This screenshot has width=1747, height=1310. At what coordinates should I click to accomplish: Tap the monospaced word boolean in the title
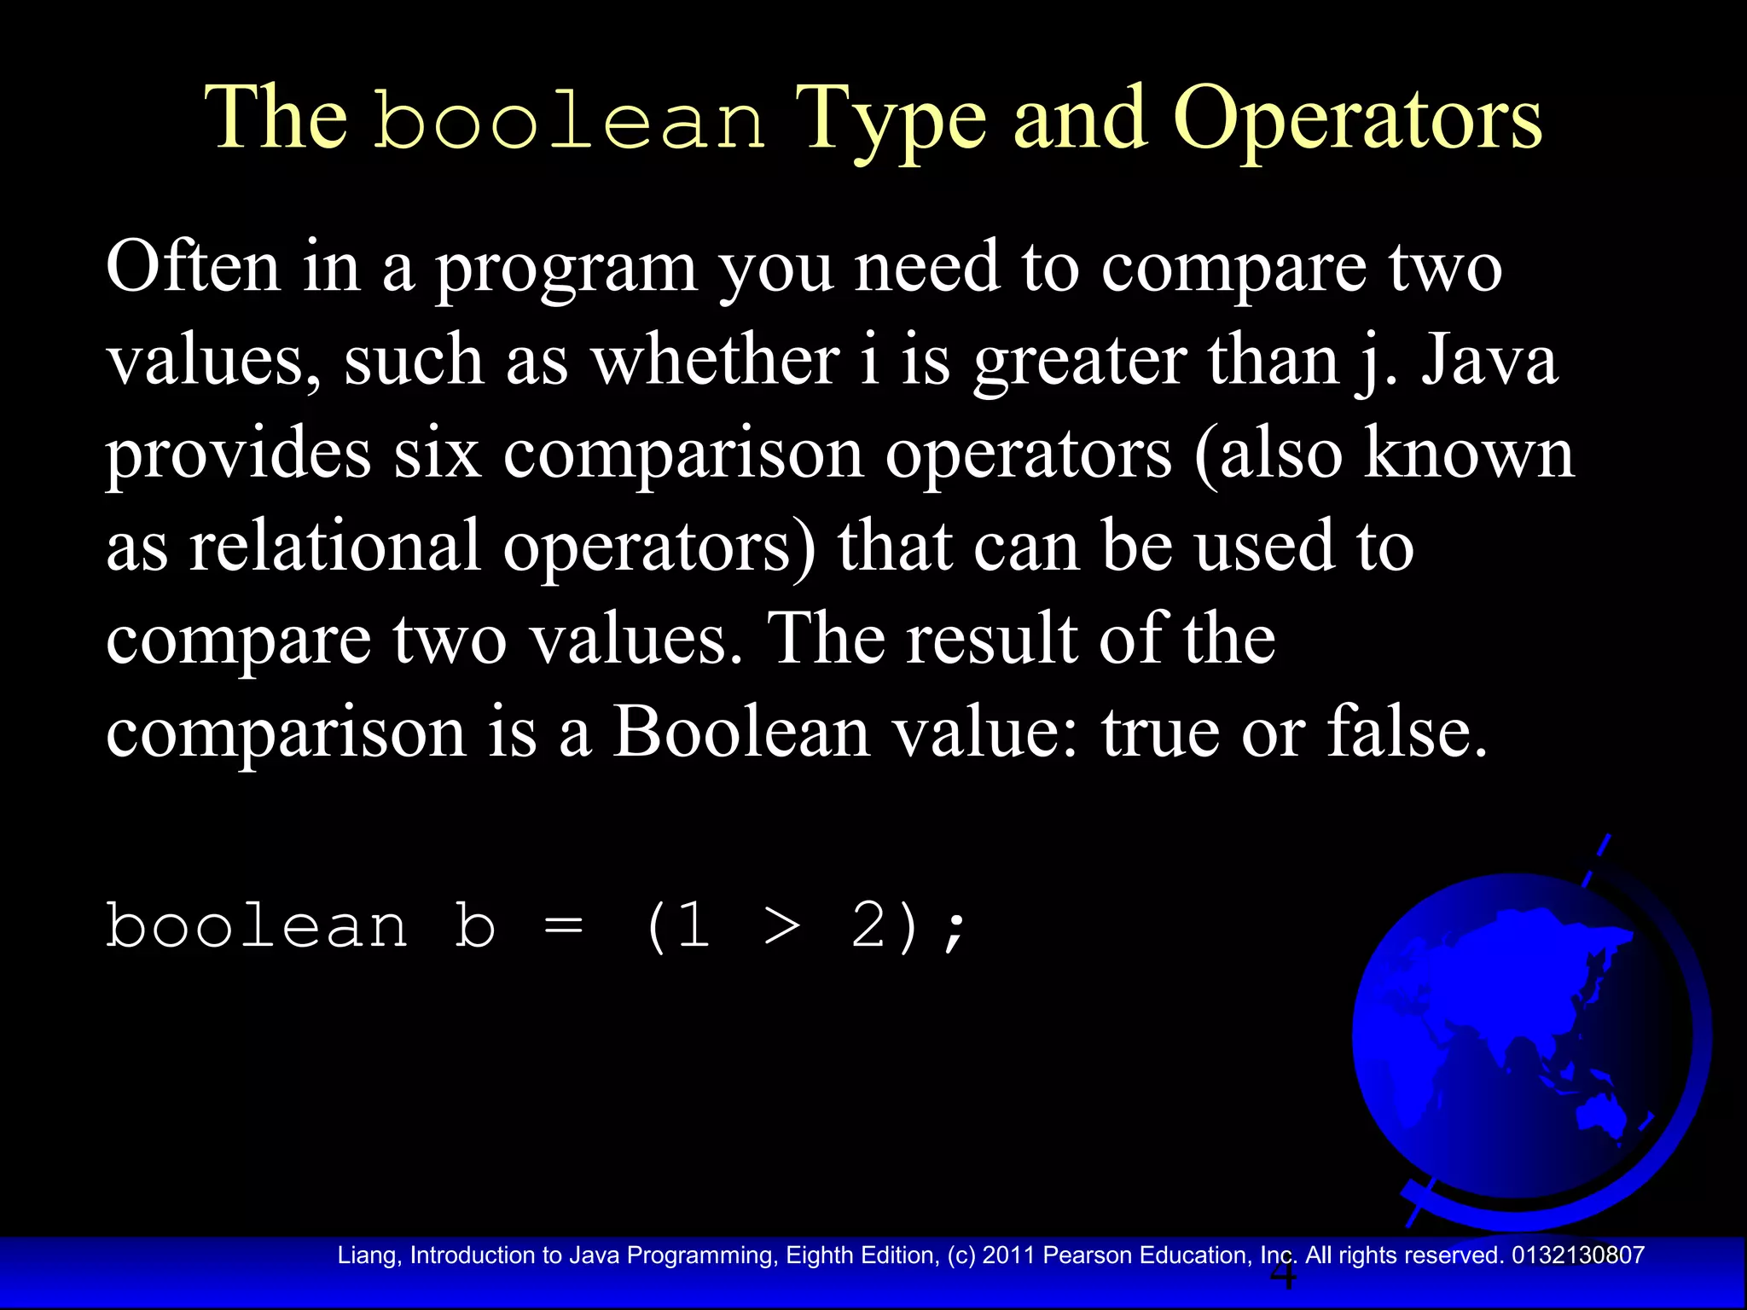click(570, 121)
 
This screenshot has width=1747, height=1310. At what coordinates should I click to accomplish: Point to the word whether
click(716, 360)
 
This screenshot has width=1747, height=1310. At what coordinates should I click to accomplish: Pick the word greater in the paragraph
click(1080, 360)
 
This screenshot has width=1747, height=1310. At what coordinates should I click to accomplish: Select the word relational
click(334, 546)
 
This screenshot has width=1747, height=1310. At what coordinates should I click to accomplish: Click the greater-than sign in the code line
click(782, 927)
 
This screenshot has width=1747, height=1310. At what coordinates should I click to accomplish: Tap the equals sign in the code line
click(563, 927)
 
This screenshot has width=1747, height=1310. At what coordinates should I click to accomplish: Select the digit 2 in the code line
click(870, 925)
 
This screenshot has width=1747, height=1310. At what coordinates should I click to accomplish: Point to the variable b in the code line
click(475, 925)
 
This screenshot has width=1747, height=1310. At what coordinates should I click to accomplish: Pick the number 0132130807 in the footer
click(1577, 1255)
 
